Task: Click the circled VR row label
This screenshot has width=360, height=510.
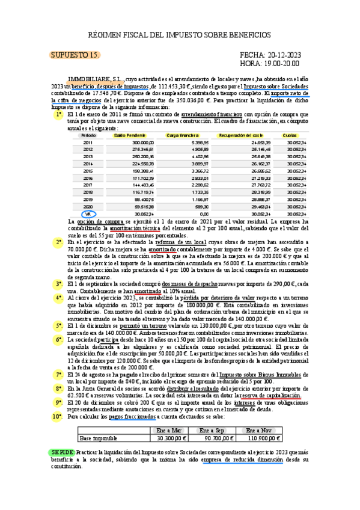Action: [88, 213]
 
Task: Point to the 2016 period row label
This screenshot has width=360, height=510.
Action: [88, 178]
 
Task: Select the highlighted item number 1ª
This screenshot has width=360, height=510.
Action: [58, 114]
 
